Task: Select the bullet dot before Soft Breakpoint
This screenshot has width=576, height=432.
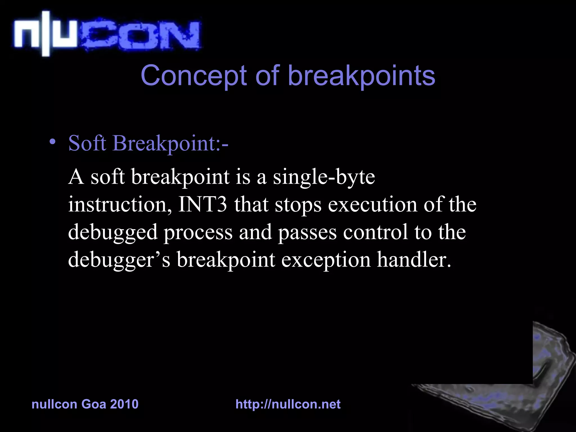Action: (x=52, y=142)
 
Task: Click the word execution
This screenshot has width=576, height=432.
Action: (x=372, y=204)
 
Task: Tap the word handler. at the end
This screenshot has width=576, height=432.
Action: (x=414, y=259)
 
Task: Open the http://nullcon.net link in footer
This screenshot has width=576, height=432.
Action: (x=288, y=404)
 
